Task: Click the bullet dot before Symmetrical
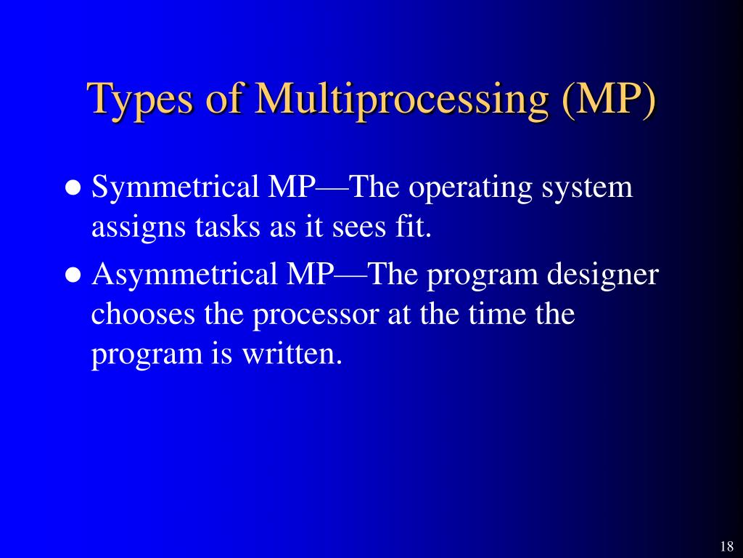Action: [x=73, y=188]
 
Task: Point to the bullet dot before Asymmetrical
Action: [x=73, y=276]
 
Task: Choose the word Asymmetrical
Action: [x=184, y=276]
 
